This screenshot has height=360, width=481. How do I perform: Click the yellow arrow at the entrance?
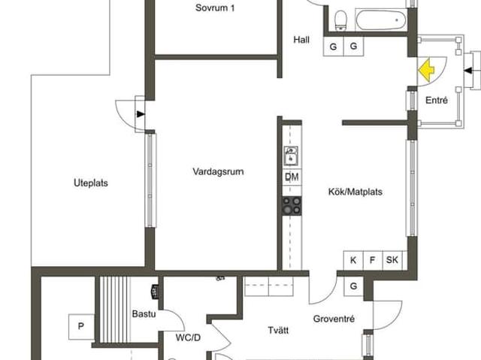[426, 70]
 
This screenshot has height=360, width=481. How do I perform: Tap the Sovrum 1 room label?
[215, 8]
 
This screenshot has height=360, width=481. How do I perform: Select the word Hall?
[302, 41]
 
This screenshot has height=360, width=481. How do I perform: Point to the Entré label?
[437, 100]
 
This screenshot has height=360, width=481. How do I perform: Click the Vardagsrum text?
[218, 171]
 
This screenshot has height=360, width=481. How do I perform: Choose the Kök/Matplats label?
[355, 192]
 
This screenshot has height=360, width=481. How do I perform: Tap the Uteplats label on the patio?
[85, 183]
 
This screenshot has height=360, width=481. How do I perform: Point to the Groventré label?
[334, 319]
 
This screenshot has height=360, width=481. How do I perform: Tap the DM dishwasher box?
[292, 177]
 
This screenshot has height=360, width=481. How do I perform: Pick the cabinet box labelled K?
[353, 260]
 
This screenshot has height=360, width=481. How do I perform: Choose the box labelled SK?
[392, 260]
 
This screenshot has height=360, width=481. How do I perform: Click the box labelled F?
[372, 260]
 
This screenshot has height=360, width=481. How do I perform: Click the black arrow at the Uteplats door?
[141, 114]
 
